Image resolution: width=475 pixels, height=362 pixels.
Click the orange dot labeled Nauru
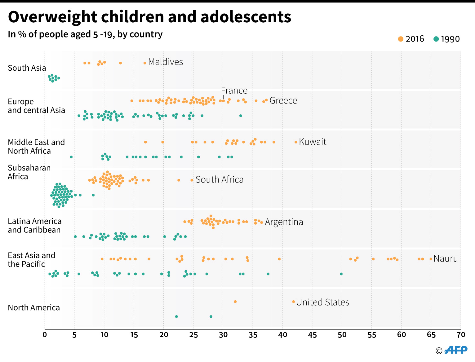tap(431, 259)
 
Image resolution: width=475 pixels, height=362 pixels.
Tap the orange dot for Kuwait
tap(296, 142)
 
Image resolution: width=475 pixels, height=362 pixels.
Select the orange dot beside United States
tap(294, 302)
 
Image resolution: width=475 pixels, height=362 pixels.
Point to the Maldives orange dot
tap(145, 63)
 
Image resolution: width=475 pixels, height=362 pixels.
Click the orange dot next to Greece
tap(266, 100)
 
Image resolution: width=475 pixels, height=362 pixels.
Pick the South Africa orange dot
tap(192, 180)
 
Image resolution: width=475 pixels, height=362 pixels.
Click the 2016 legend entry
tap(411, 39)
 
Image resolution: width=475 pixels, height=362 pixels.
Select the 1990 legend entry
tap(446, 39)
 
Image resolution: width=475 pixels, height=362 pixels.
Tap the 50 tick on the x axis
tap(342, 335)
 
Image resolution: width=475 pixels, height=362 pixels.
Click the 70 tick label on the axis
tap(461, 335)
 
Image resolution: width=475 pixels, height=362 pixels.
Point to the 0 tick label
tap(45, 335)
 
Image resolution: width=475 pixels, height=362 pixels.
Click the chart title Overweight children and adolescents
tap(149, 17)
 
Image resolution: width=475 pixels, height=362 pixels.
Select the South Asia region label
tap(27, 68)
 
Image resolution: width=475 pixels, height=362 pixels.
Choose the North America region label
tap(34, 307)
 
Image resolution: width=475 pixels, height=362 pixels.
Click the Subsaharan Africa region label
tap(29, 172)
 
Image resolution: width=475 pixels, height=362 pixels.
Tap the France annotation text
tap(234, 90)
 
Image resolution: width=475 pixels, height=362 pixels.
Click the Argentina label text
tap(284, 222)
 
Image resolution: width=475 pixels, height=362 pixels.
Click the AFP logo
tap(455, 350)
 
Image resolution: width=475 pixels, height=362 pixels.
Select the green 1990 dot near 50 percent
tap(341, 274)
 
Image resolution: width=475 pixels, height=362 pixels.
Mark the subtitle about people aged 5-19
tap(85, 34)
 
